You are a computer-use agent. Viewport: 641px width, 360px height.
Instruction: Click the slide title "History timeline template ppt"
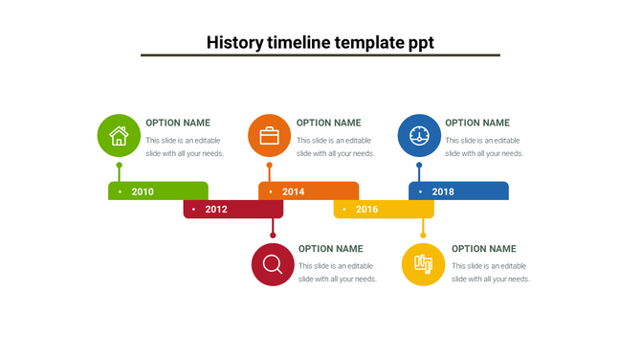click(320, 42)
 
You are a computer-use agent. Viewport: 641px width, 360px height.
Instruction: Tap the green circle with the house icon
click(119, 136)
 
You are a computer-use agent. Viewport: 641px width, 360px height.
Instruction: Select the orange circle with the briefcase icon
click(269, 136)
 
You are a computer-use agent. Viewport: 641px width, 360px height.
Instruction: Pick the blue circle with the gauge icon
click(419, 136)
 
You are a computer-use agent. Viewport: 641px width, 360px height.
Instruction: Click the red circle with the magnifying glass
click(273, 264)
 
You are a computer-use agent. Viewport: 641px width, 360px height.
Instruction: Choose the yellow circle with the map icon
click(423, 264)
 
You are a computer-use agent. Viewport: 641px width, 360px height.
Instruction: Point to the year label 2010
click(143, 191)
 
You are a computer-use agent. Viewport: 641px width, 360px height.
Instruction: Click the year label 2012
click(216, 210)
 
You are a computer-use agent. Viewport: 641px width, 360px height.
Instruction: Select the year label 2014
click(293, 191)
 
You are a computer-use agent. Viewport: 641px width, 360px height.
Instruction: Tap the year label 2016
click(367, 210)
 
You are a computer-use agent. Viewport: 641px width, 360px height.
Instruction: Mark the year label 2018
click(443, 191)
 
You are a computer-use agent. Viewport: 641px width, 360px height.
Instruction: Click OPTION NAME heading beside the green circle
click(178, 123)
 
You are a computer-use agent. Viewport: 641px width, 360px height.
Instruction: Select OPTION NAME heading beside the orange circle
click(328, 123)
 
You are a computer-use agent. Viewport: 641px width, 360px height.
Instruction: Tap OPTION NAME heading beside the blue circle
click(477, 123)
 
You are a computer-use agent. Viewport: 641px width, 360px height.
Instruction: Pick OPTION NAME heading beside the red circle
click(331, 249)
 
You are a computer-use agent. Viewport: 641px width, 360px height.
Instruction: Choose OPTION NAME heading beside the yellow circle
click(483, 249)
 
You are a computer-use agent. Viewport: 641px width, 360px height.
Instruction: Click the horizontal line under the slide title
click(320, 56)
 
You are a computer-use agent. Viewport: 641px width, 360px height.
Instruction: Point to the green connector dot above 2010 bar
click(119, 166)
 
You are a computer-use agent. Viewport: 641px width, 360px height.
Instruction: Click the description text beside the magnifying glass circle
click(337, 273)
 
